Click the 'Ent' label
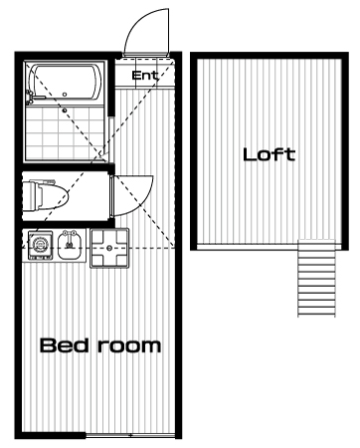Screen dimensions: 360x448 (x=145, y=76)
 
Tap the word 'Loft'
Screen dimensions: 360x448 (x=269, y=154)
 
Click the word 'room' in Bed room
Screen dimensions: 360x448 (x=129, y=346)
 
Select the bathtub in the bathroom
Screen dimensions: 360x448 (x=66, y=83)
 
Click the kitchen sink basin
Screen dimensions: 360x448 (x=70, y=246)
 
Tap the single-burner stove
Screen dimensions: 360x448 (x=40, y=245)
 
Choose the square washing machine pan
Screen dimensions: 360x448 (x=109, y=248)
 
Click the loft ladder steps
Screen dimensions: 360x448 (x=316, y=278)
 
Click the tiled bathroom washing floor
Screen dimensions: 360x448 (x=66, y=132)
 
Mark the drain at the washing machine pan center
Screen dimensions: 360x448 (x=109, y=248)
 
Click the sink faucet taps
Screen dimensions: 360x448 (x=70, y=233)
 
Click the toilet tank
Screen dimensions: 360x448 (x=28, y=195)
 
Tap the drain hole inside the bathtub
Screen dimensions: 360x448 (x=65, y=95)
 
